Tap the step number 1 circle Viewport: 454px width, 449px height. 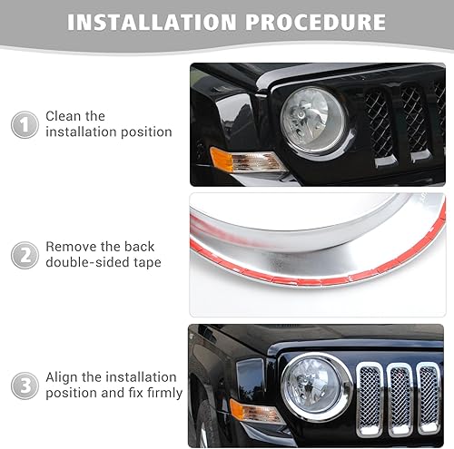[25, 124]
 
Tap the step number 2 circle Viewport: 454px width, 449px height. [25, 255]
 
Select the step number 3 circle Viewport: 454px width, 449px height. [25, 386]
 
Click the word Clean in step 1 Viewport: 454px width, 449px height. [64, 116]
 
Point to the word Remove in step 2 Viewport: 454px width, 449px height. [72, 247]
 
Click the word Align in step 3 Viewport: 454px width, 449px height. [64, 377]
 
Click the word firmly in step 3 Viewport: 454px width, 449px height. [162, 393]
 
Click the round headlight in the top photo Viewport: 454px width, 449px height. [311, 119]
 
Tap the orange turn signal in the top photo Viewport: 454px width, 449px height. [233, 161]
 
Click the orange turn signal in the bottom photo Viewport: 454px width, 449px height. [250, 411]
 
